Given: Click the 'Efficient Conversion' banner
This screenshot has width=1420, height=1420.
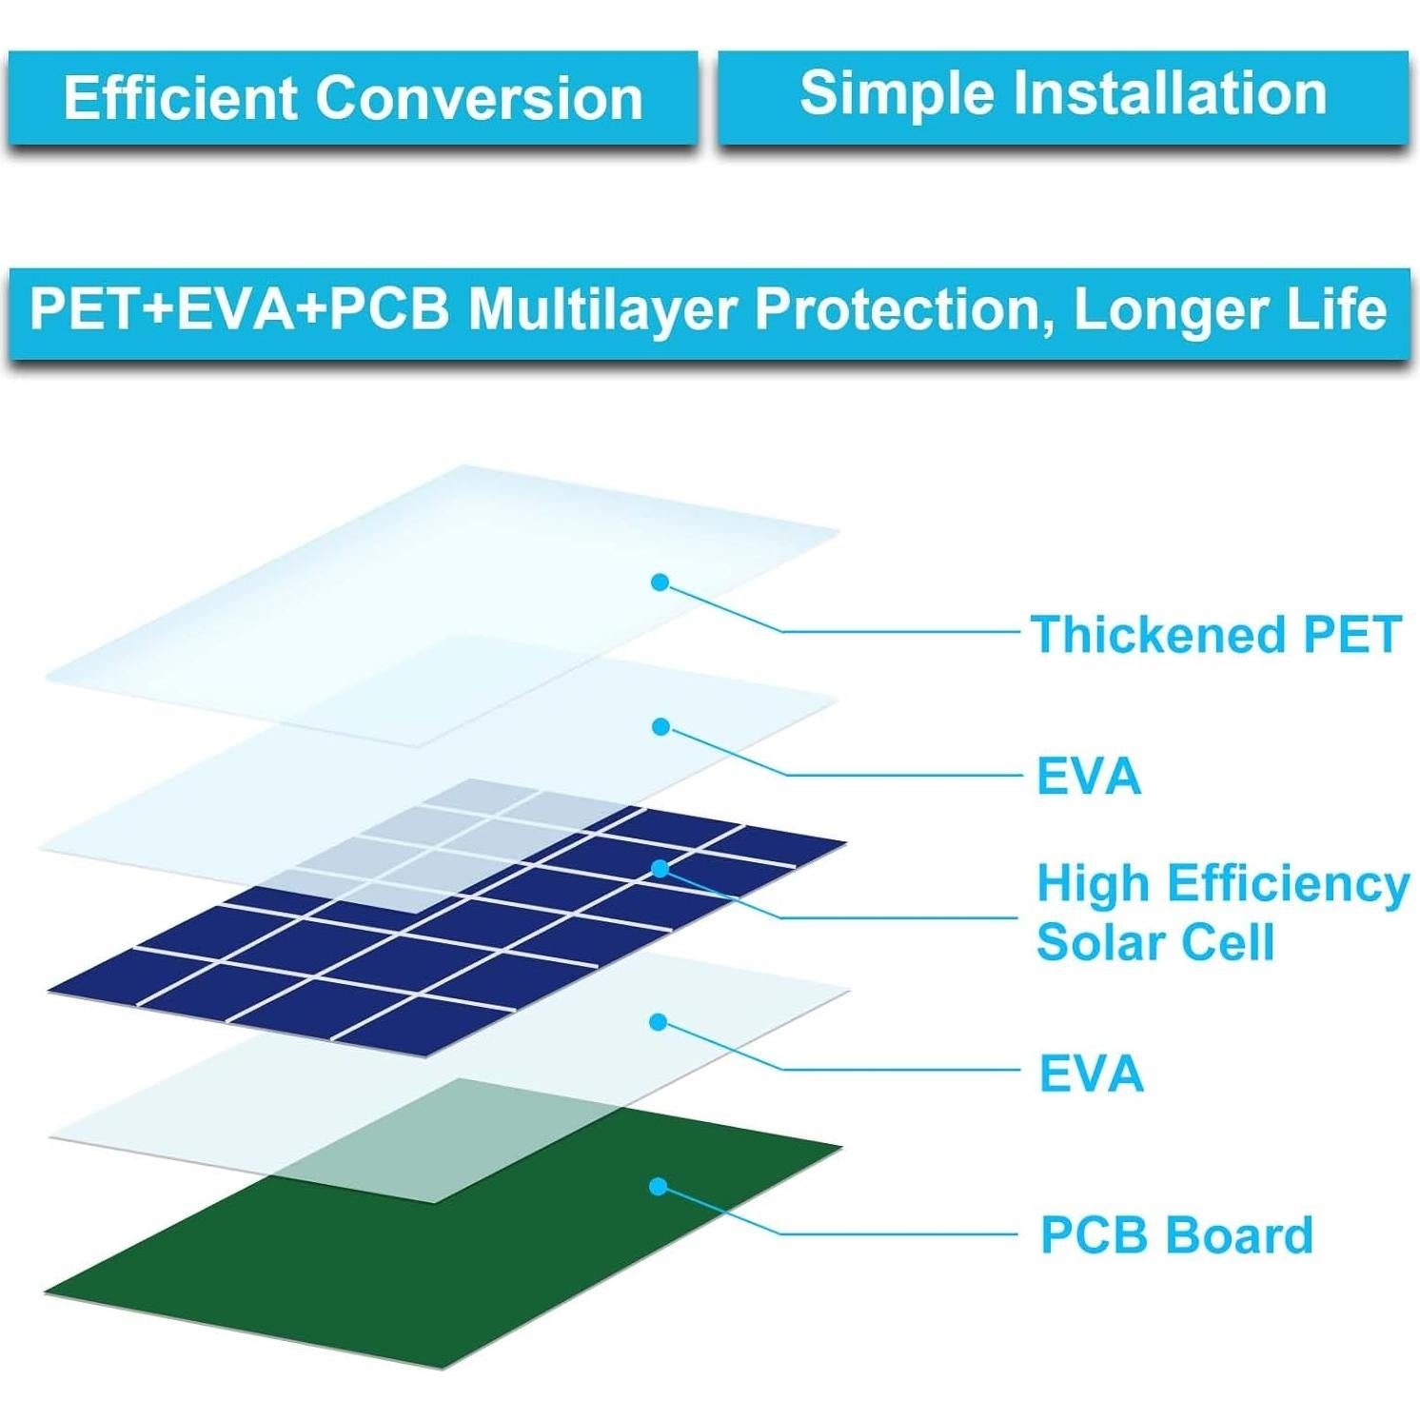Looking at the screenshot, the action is point(353,98).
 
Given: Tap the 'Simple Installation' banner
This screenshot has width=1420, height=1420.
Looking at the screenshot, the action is point(1063,96).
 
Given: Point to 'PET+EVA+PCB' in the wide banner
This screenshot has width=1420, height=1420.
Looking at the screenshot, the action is point(240,309).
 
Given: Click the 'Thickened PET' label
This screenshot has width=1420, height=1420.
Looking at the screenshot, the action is point(1216,634).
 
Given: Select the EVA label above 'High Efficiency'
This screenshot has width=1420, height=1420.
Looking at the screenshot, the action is point(1089,776).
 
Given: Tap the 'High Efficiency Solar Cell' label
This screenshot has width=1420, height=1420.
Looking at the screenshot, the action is point(1223,913).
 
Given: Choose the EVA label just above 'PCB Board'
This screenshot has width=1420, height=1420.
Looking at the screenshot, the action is point(1091,1074).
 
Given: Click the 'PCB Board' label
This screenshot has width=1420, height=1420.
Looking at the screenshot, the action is point(1176,1234).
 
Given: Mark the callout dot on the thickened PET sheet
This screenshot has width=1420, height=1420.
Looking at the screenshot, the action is point(660,582).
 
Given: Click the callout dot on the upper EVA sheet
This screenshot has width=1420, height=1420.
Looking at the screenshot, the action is point(661,727).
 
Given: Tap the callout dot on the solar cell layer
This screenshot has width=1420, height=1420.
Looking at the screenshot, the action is point(660,868).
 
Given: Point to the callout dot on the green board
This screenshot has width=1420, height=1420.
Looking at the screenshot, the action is point(658,1187).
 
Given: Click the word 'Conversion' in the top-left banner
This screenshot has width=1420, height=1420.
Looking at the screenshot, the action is point(480,98).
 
